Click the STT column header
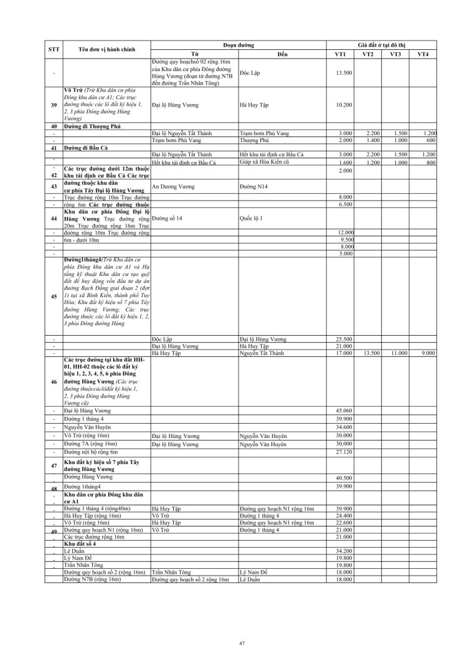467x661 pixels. (x=54, y=49)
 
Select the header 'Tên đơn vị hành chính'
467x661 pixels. (x=105, y=49)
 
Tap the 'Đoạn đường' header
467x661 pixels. (x=238, y=45)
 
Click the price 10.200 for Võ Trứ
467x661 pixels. (x=344, y=105)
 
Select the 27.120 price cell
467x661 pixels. (x=344, y=452)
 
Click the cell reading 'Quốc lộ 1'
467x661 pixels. (x=252, y=219)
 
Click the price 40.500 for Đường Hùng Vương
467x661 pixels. (x=344, y=477)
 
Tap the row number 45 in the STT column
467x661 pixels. (x=54, y=297)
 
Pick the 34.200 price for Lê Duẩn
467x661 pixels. (x=344, y=551)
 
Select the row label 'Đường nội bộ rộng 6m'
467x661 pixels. (x=91, y=452)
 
